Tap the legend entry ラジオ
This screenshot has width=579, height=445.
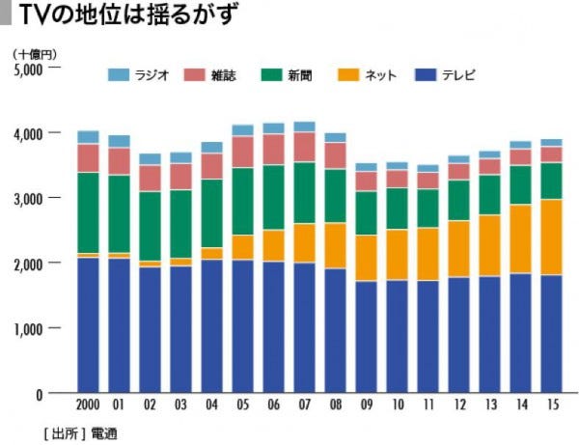(x=140, y=74)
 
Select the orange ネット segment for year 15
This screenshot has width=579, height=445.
(x=551, y=237)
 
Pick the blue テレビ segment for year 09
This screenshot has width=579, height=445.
(x=367, y=337)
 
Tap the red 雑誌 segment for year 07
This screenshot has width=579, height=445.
(x=305, y=147)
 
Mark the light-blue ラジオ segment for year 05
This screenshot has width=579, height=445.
(x=243, y=130)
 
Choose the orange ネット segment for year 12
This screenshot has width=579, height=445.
(x=458, y=249)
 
